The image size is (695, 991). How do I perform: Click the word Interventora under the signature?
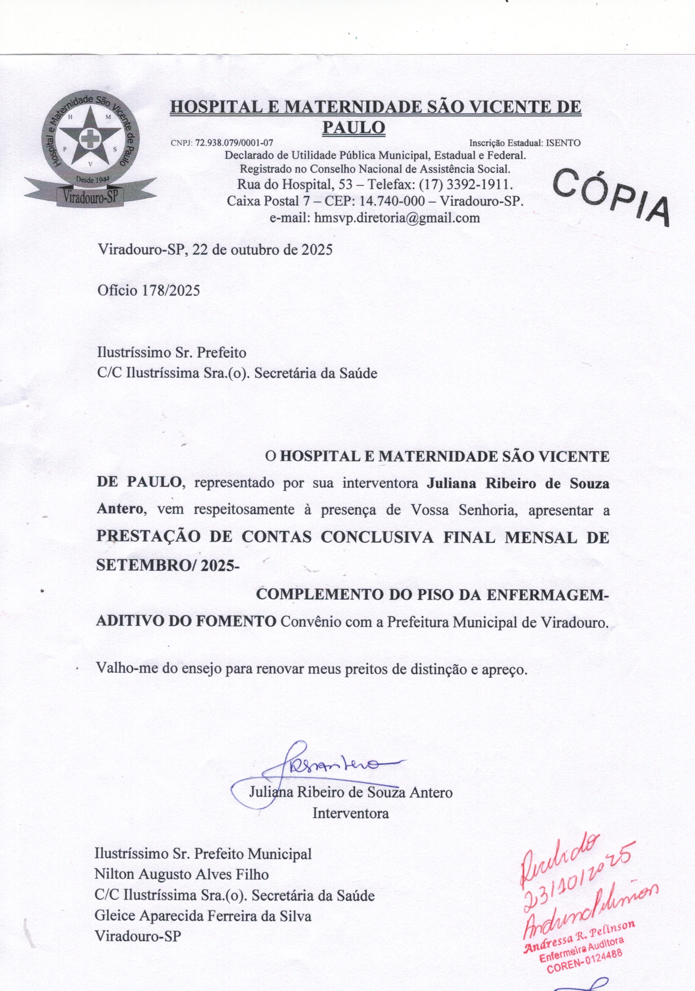point(350,814)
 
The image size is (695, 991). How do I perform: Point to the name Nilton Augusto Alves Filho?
point(181,875)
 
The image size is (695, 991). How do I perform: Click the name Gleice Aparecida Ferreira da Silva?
point(203,916)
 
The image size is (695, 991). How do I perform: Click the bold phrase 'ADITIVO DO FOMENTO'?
point(186,622)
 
